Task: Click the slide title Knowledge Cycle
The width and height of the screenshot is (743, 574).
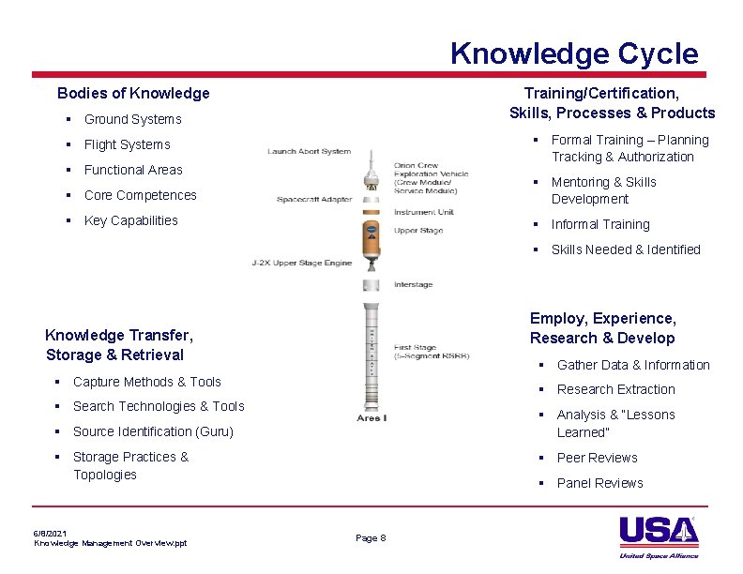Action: [x=573, y=53]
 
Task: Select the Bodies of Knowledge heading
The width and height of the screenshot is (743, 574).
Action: [x=133, y=93]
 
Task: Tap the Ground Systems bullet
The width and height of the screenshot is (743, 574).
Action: [x=132, y=119]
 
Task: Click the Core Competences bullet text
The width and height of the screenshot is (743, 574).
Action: [x=140, y=195]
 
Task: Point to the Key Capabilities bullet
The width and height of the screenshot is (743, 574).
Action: [x=130, y=220]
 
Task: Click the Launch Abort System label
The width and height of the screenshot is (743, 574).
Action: [x=309, y=151]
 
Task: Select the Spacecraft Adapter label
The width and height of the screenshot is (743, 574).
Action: [x=314, y=200]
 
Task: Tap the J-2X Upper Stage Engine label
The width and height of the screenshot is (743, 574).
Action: [x=301, y=263]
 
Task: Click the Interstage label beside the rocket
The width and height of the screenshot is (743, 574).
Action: [x=413, y=284]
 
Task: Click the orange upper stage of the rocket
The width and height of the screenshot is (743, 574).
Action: [x=371, y=239]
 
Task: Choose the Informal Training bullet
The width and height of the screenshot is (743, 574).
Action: [x=599, y=224]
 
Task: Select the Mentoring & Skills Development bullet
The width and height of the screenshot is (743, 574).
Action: [x=603, y=190]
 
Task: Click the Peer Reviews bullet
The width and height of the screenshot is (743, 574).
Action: [x=597, y=458]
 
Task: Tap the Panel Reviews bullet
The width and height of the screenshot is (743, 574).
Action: [x=599, y=483]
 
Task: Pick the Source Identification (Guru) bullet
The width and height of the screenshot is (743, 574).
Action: [x=153, y=431]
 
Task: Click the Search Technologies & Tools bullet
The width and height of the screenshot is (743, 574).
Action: [x=158, y=406]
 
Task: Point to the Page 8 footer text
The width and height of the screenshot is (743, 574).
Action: [x=371, y=537]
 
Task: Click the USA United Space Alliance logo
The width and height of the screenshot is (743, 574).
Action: [x=659, y=536]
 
